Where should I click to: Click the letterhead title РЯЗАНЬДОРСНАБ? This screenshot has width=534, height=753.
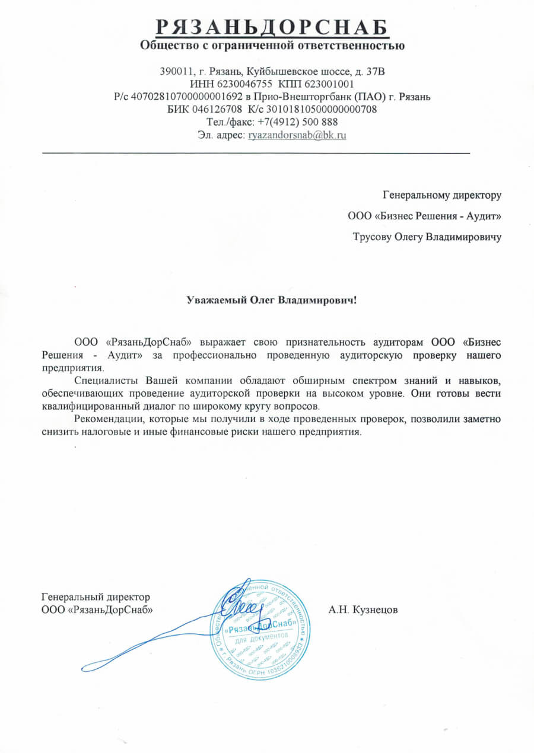[272, 27]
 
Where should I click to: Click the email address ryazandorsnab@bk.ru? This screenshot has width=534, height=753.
[297, 135]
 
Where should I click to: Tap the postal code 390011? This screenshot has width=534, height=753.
[176, 72]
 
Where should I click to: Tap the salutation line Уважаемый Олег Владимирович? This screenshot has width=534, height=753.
[272, 300]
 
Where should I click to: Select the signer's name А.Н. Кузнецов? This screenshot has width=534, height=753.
[363, 610]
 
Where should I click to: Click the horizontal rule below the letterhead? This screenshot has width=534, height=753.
[255, 153]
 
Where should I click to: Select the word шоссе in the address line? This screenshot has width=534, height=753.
[322, 72]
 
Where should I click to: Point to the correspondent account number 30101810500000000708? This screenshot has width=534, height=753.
[320, 110]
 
